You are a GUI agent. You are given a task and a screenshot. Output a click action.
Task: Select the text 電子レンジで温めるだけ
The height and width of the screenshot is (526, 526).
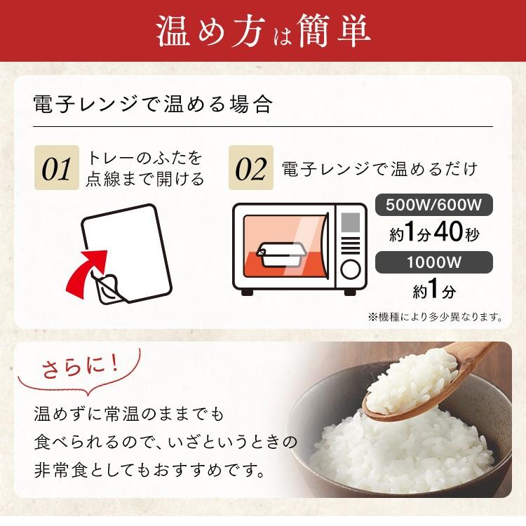tap(379, 169)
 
